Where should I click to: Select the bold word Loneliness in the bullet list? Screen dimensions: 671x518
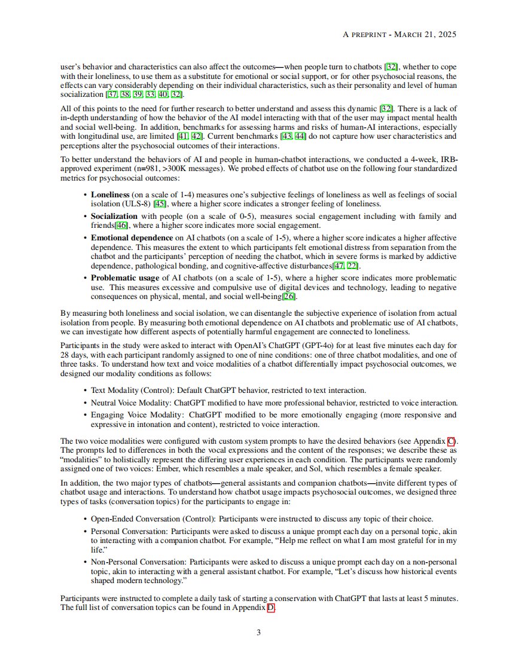(x=110, y=195)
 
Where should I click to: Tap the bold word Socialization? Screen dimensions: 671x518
(x=114, y=216)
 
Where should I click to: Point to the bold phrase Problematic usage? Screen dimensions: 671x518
(x=124, y=278)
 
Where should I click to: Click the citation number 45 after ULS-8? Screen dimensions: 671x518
(x=160, y=204)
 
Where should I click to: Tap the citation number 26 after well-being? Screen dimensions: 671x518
(x=290, y=297)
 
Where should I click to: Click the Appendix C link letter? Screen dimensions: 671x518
(x=451, y=441)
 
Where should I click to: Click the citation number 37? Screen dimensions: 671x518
(x=112, y=95)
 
